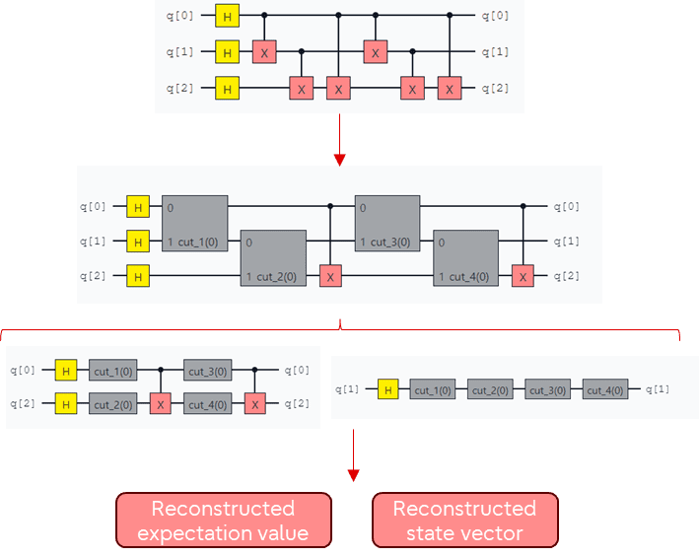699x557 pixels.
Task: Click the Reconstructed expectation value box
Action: coord(224,521)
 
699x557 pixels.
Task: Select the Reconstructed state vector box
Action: coord(464,521)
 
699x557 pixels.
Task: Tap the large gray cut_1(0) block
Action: coord(195,224)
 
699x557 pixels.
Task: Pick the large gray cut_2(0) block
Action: coord(273,258)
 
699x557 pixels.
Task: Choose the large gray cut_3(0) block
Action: coord(387,224)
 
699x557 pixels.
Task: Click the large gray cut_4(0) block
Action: coord(466,258)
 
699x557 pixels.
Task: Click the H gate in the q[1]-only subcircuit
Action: coord(387,390)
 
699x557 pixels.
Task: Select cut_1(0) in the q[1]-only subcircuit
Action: coord(434,390)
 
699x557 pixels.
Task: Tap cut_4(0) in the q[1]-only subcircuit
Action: coord(605,390)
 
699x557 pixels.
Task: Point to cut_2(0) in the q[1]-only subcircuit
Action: coord(491,390)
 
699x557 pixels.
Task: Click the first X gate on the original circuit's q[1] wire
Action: coord(264,52)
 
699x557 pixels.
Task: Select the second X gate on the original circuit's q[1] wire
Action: coord(375,52)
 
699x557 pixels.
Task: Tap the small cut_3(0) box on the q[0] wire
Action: coord(208,371)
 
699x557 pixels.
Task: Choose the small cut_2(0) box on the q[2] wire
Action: coord(112,404)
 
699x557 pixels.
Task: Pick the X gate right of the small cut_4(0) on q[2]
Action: coord(255,404)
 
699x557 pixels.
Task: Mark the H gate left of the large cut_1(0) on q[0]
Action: coord(139,207)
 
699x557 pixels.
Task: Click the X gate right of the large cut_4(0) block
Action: coord(524,276)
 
